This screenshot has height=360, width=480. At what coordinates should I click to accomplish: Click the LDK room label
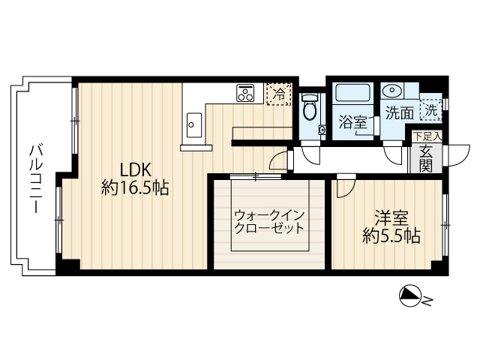click(x=135, y=170)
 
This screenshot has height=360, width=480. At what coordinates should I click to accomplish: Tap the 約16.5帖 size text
click(x=135, y=188)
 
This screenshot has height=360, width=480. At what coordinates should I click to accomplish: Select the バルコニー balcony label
click(x=36, y=178)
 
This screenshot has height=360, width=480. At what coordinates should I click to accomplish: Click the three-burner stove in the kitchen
click(x=245, y=93)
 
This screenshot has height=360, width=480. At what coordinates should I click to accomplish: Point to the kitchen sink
click(x=194, y=125)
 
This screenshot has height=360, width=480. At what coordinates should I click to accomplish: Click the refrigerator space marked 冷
click(x=278, y=94)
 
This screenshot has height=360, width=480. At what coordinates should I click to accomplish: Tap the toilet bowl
click(x=310, y=107)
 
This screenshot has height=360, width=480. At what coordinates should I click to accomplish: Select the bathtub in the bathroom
click(x=352, y=92)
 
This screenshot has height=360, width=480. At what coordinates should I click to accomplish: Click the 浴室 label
click(x=353, y=122)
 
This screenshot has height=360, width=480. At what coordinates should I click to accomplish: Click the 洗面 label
click(x=400, y=113)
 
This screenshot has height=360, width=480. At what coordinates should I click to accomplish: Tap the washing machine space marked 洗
click(x=431, y=110)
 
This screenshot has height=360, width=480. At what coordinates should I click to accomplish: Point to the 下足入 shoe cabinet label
click(x=427, y=136)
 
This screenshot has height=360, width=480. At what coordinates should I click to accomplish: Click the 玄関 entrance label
click(x=426, y=158)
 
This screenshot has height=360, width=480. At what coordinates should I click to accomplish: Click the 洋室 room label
click(x=391, y=218)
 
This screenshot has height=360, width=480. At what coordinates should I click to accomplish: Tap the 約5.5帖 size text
click(x=391, y=235)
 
